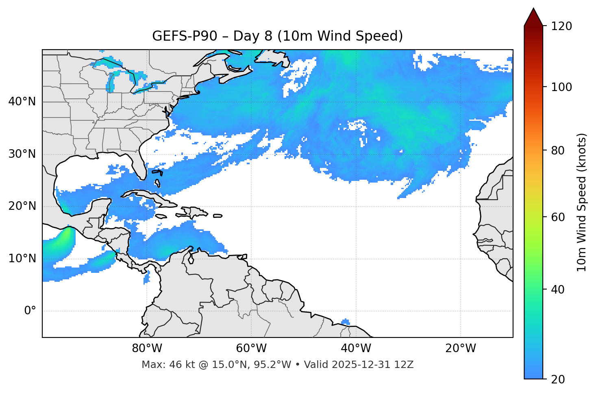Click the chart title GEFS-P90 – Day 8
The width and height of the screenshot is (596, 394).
277,36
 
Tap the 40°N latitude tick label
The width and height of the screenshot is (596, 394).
22,102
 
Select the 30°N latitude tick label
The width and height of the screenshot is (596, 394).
22,154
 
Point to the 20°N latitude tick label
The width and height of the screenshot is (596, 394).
22,206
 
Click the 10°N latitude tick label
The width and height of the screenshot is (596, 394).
22,259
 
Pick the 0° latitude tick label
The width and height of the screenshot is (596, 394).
30,311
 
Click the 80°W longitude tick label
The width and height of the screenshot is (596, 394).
147,348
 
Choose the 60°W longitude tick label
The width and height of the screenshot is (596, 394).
251,348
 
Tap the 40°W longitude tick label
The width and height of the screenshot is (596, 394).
356,348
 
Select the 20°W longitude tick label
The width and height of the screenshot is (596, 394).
460,348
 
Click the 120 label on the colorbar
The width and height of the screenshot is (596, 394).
561,26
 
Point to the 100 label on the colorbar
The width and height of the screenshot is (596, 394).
561,87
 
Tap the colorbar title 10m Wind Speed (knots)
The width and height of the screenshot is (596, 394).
582,202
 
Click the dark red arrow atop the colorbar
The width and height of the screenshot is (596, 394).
533,17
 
